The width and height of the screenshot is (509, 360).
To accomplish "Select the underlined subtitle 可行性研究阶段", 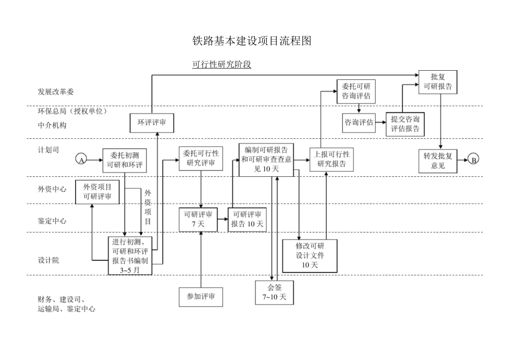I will [221, 65].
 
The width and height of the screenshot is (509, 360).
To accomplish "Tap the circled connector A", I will [81, 160].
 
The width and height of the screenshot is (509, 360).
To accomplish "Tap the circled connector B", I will [473, 159].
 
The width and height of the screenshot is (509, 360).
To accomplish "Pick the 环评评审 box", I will [152, 123].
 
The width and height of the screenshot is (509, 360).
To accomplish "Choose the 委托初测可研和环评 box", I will [125, 160].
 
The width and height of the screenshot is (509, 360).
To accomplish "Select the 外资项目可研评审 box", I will [97, 192].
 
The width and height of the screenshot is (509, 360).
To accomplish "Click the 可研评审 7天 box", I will [198, 220].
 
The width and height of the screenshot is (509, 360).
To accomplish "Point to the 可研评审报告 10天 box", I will [247, 220].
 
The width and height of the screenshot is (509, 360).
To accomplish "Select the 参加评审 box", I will [201, 296].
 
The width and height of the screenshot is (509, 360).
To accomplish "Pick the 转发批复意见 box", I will [438, 161].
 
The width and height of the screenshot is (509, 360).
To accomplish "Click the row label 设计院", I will [48, 260].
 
